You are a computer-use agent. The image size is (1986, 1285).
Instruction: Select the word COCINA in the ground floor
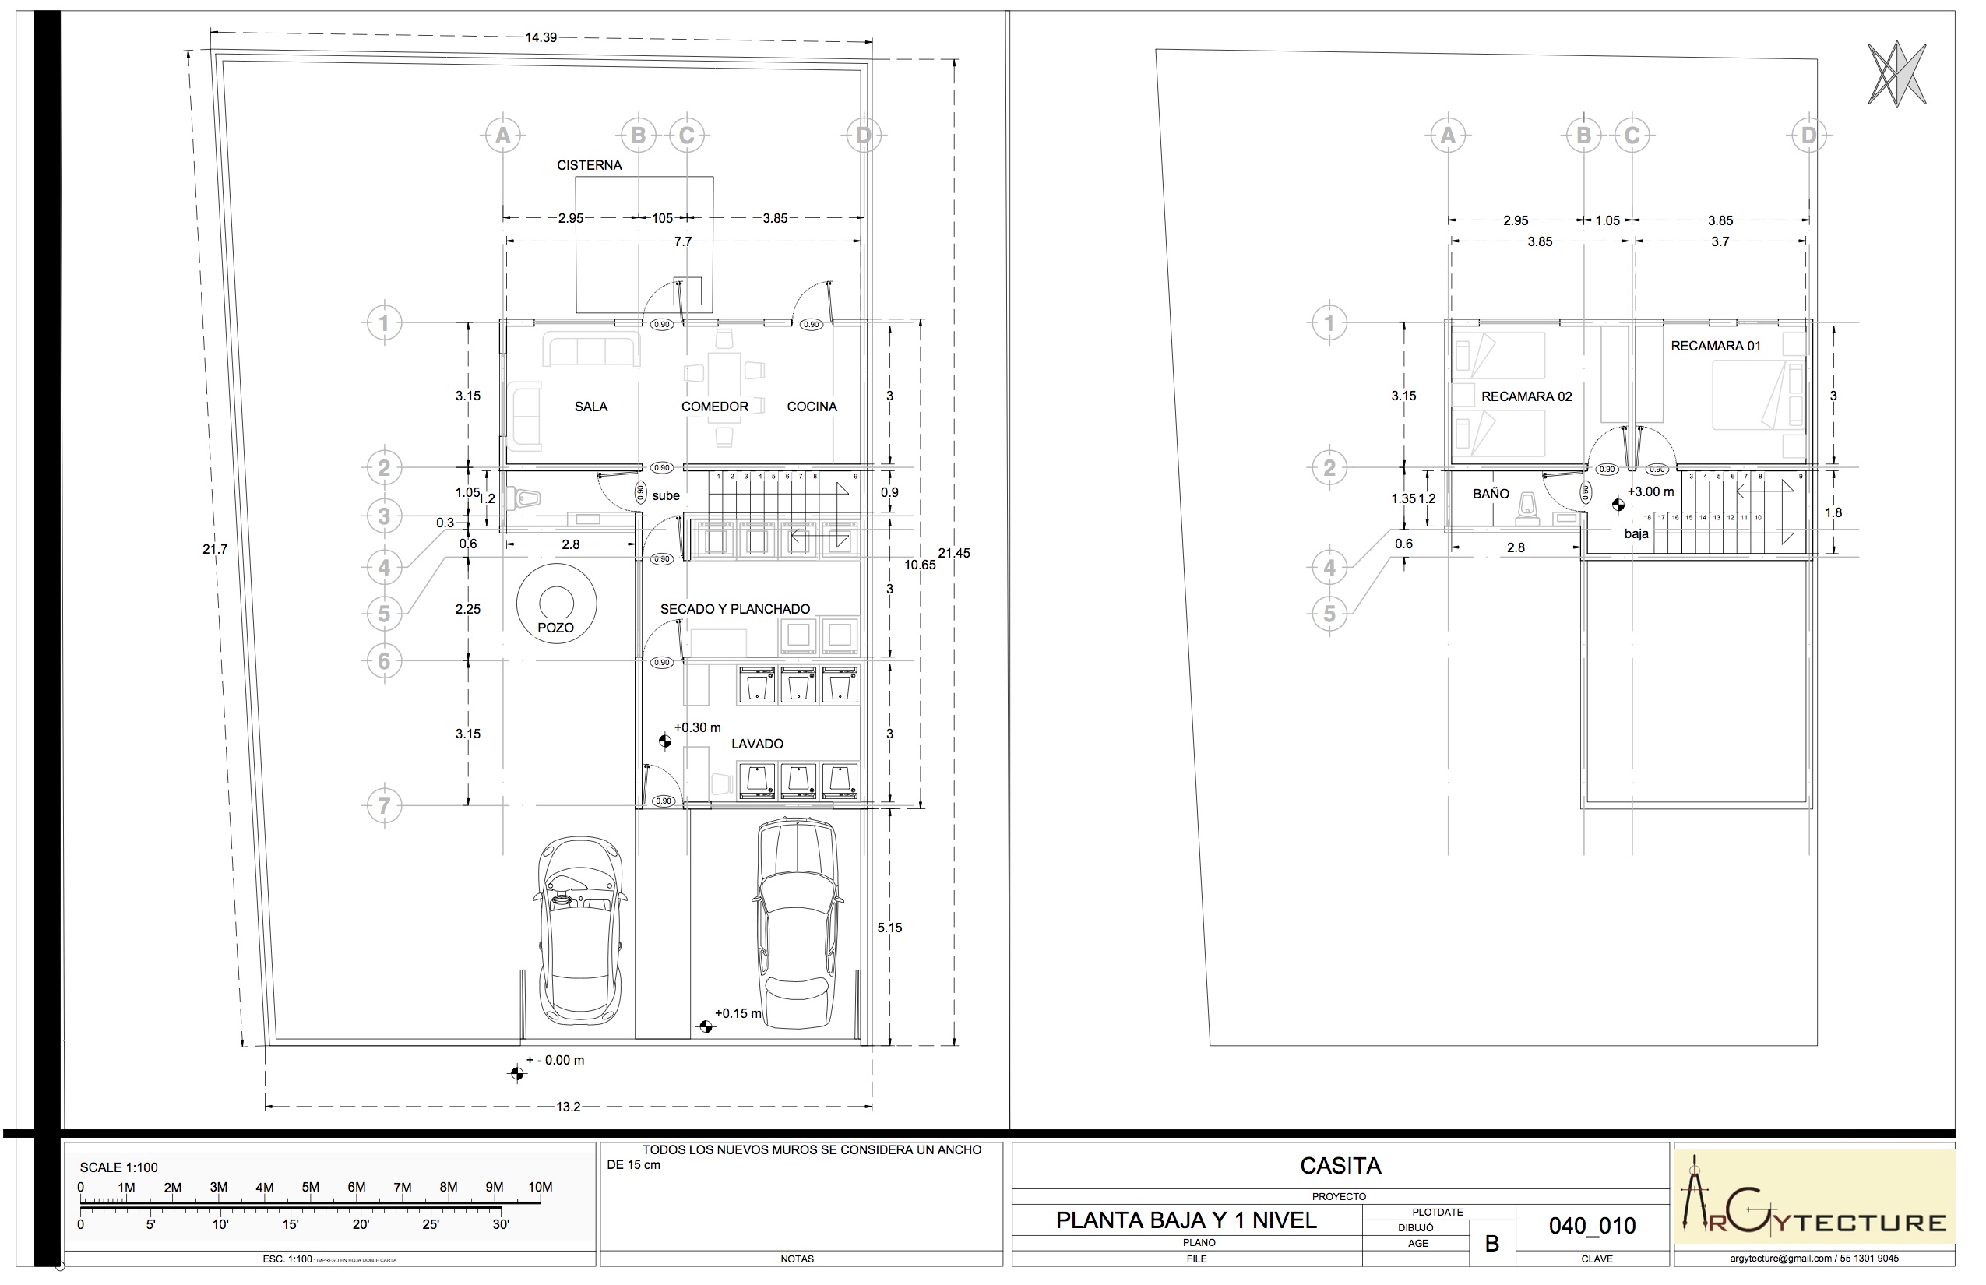[811, 407]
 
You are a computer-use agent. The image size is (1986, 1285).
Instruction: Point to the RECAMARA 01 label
[1715, 346]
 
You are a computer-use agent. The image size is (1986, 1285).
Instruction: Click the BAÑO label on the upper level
[1491, 494]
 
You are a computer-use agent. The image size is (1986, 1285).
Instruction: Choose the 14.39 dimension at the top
[541, 37]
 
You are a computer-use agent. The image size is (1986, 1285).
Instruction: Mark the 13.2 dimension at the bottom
[569, 1107]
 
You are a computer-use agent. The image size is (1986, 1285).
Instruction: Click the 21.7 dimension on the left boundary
[214, 549]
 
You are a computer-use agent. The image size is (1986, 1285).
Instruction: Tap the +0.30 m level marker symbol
[665, 741]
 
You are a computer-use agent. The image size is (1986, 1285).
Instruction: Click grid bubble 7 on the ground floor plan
[384, 805]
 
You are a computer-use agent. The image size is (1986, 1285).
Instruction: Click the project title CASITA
[1340, 1166]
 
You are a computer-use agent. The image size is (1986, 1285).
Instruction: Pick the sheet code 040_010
[1592, 1225]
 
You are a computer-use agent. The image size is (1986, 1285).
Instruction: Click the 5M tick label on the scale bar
[311, 1188]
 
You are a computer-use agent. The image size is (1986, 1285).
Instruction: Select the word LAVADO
[757, 744]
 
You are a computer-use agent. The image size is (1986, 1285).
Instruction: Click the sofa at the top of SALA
[592, 350]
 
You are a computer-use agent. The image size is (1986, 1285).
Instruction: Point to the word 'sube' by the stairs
[666, 495]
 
